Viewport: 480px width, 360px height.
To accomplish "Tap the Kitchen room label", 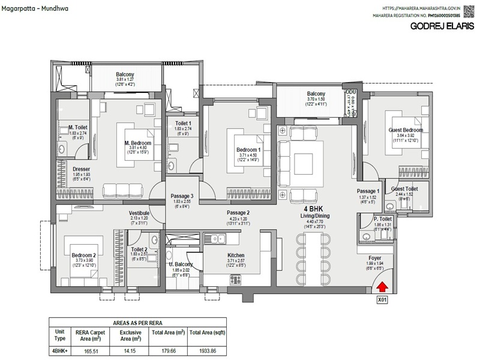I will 236,256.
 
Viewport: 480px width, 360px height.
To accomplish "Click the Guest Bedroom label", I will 406,130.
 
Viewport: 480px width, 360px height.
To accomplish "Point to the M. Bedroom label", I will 138,143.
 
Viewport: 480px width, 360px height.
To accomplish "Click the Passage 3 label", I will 182,196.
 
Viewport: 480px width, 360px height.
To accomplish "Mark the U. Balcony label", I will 181,265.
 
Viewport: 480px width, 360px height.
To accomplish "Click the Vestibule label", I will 139,212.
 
